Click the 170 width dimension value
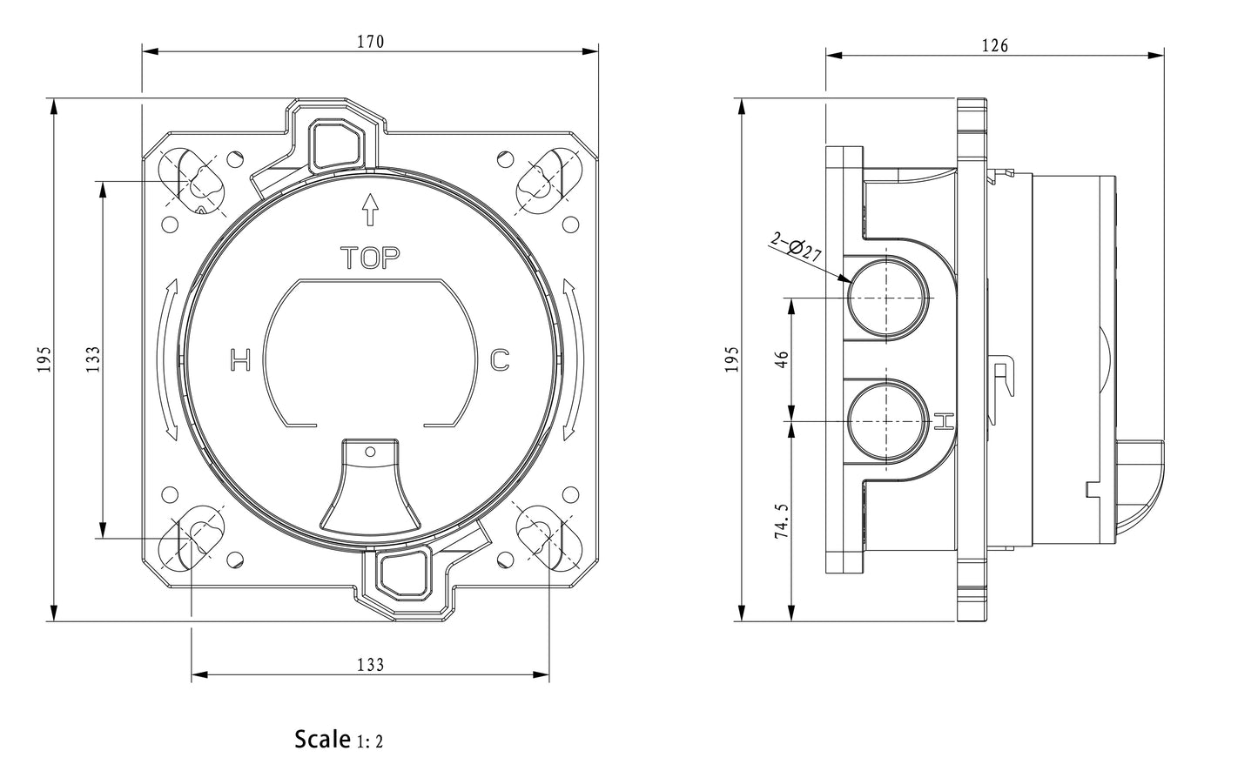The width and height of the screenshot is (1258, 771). click(x=370, y=41)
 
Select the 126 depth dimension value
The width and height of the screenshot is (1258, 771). click(x=994, y=45)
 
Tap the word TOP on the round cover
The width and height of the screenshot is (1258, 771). click(x=370, y=258)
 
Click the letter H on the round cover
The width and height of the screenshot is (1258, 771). click(x=240, y=359)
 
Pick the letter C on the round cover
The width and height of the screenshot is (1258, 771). click(x=499, y=359)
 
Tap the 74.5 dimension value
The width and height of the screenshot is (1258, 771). click(x=782, y=520)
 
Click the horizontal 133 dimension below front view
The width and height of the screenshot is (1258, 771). click(x=370, y=665)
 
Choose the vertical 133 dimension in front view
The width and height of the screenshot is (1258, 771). click(x=93, y=359)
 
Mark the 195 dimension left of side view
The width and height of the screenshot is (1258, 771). click(x=731, y=359)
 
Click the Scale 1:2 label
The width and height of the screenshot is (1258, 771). click(x=339, y=740)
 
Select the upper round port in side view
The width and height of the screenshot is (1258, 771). click(x=885, y=298)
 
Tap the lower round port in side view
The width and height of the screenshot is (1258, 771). click(x=885, y=421)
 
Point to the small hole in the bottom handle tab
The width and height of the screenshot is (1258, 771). click(x=370, y=452)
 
